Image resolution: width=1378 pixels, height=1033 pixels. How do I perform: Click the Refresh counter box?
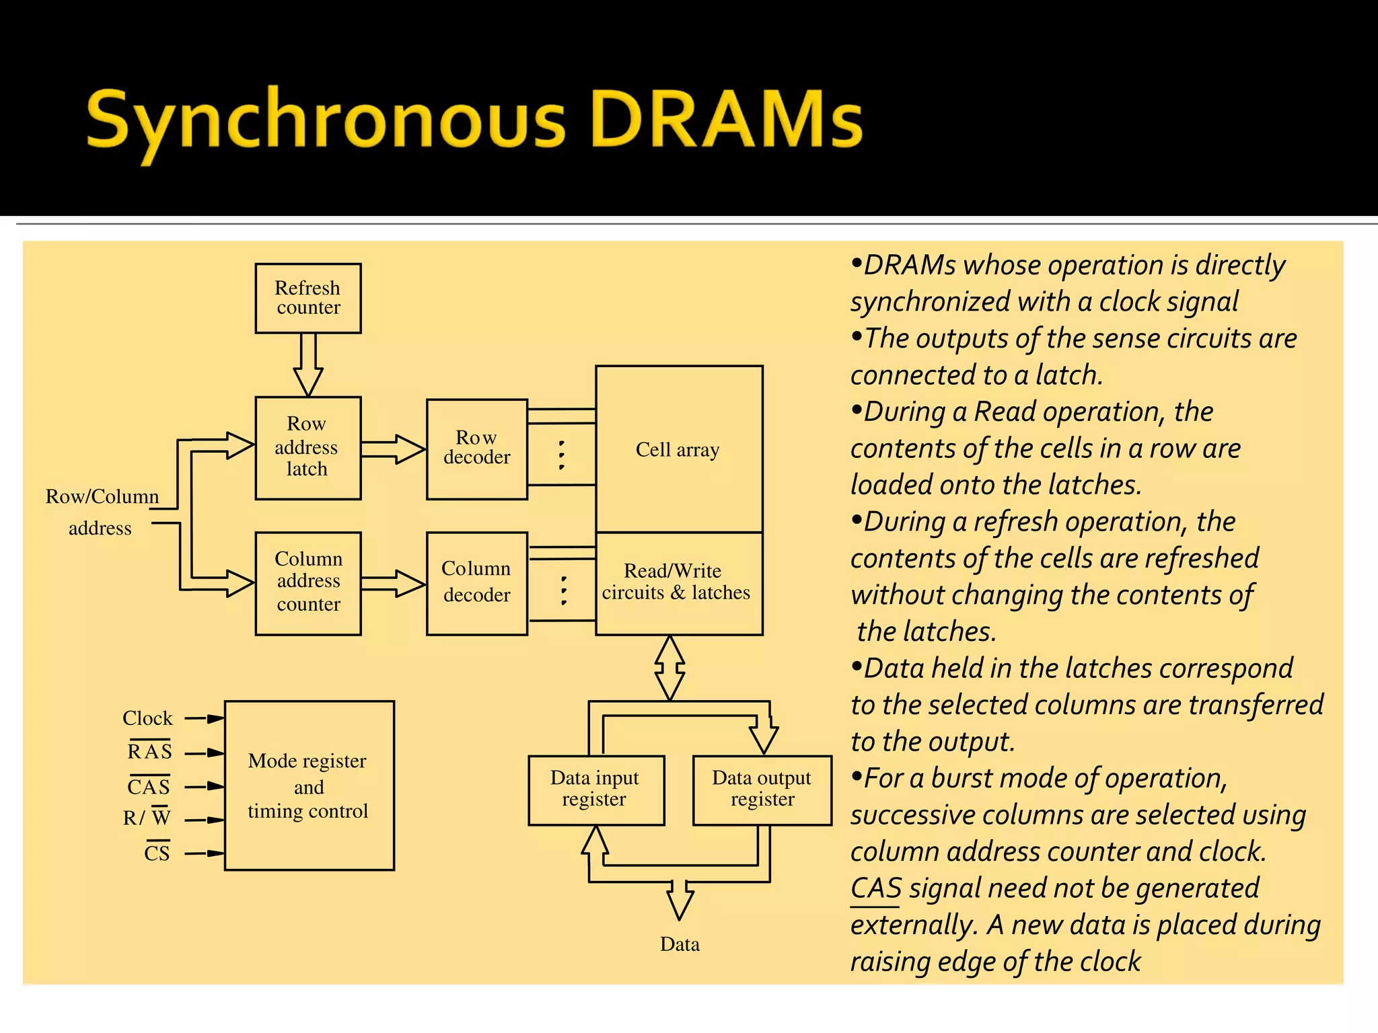point(307,298)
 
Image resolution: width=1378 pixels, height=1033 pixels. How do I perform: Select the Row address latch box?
point(307,447)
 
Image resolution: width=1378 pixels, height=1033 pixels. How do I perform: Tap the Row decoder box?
point(476,449)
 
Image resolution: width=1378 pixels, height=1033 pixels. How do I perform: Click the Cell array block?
point(678,449)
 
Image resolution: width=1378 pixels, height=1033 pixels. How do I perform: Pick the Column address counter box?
point(307,582)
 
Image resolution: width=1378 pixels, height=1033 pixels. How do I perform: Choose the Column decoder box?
point(476,582)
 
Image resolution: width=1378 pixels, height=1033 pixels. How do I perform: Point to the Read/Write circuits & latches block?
point(678,582)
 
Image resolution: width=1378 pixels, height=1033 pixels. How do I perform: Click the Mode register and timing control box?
point(309,786)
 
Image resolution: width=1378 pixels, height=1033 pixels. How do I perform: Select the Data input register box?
point(595,790)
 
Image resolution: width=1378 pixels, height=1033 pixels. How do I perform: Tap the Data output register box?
point(762,790)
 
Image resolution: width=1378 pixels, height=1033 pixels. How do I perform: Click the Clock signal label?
point(147,718)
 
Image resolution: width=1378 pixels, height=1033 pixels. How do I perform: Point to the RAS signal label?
point(149,751)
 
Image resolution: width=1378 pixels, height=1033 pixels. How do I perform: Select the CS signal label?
point(157,853)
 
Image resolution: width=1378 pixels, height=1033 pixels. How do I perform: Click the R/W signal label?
point(147,818)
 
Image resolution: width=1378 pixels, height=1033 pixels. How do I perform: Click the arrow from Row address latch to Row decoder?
point(394,449)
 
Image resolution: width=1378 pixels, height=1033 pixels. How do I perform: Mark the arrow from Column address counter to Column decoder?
point(394,583)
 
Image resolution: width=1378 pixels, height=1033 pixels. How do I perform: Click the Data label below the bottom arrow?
point(680,944)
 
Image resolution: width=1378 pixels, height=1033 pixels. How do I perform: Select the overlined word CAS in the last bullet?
point(875,888)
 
